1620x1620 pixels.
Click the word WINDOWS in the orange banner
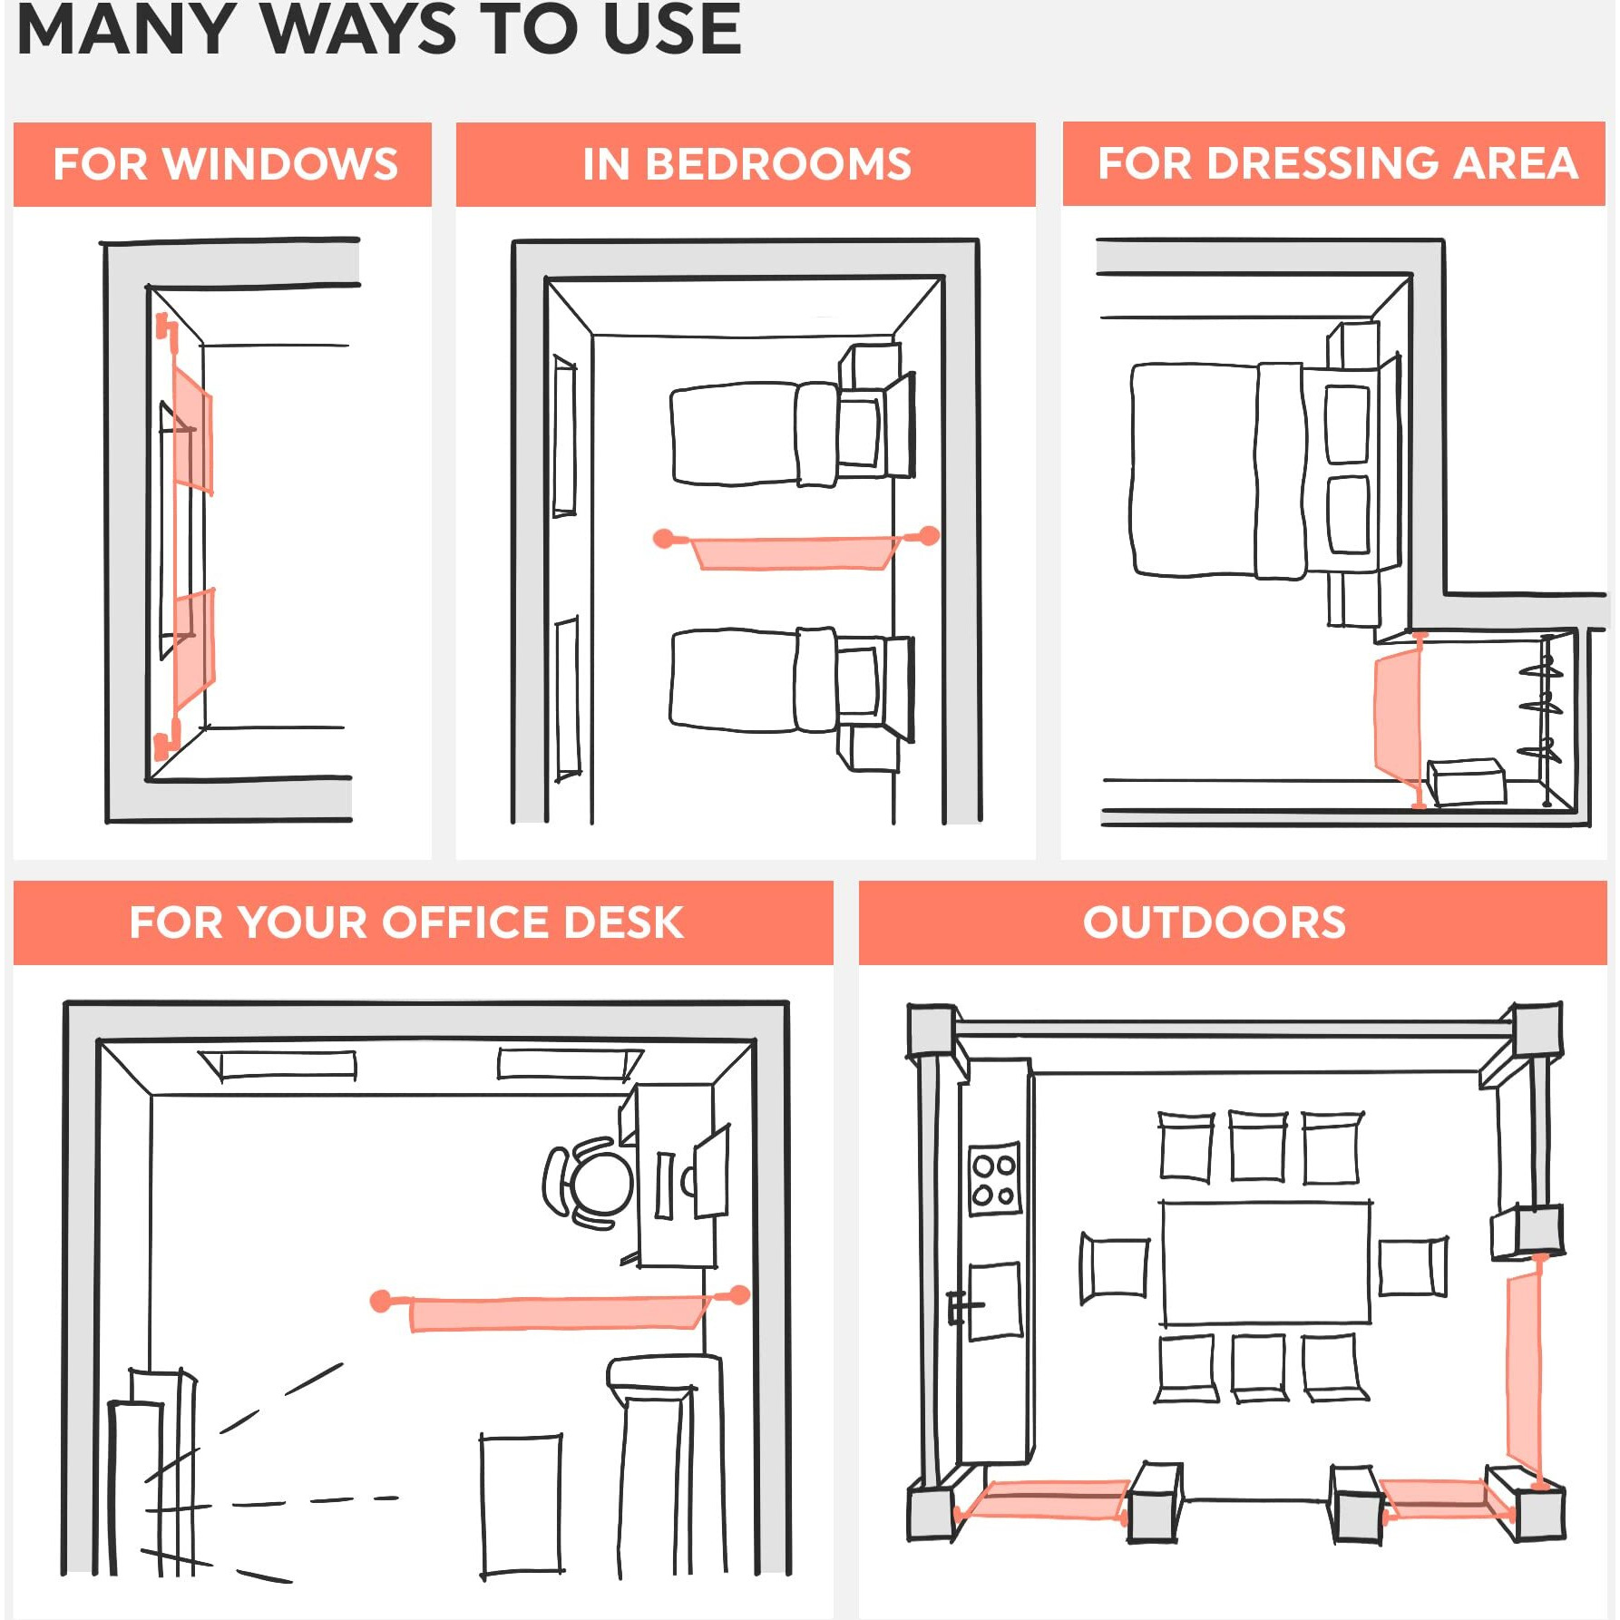click(280, 164)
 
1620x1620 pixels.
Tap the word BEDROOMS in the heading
click(778, 164)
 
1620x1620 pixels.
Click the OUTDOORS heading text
click(1215, 922)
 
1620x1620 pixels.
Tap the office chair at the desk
click(590, 1183)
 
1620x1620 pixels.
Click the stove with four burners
click(994, 1179)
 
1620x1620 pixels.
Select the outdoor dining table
click(1266, 1263)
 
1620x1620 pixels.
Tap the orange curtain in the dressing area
click(1397, 717)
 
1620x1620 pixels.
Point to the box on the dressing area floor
click(1466, 782)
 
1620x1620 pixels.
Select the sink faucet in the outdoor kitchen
click(961, 1308)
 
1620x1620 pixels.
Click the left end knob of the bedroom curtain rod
click(664, 539)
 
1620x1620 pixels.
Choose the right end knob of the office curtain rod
click(740, 1294)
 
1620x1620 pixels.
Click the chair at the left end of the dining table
click(1114, 1268)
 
